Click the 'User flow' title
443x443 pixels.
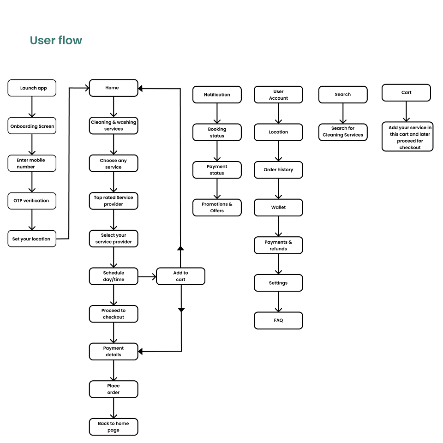coord(56,41)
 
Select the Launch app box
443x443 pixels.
coord(32,88)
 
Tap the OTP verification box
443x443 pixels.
coord(32,201)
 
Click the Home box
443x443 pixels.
coord(114,88)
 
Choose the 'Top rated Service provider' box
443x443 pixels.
coord(114,201)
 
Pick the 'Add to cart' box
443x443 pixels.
coord(180,276)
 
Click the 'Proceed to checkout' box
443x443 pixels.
coord(114,314)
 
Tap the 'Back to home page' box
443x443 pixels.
coord(114,427)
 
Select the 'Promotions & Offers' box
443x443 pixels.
coord(217,208)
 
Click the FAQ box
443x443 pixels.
coord(278,320)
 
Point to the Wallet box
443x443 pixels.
coord(278,208)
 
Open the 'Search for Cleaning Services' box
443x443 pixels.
coord(343,132)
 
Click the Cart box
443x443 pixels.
coord(406,93)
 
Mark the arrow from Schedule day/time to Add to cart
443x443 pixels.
coord(147,276)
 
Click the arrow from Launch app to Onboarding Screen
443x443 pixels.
coord(32,107)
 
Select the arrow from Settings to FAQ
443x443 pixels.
coord(278,302)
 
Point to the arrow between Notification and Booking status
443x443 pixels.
coord(217,114)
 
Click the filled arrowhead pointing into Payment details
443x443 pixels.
coord(140,352)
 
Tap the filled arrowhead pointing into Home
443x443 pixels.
coord(140,89)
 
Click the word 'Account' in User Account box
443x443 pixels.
coord(278,98)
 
